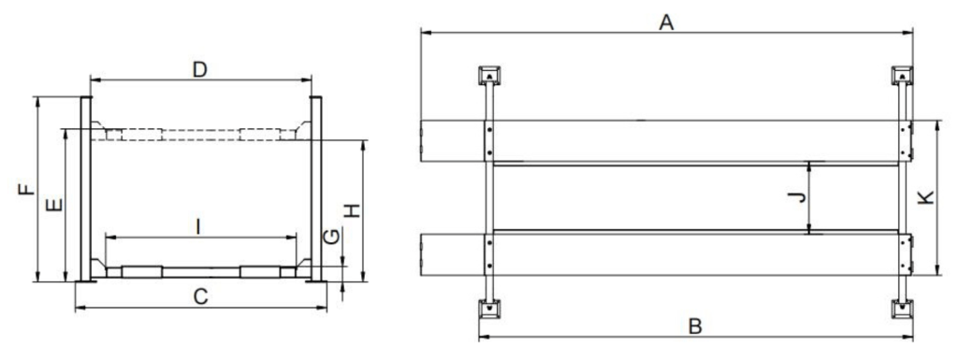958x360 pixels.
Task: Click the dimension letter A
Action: pyautogui.click(x=666, y=22)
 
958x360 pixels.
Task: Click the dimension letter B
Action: pyautogui.click(x=695, y=326)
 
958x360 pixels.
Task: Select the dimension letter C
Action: pyautogui.click(x=200, y=297)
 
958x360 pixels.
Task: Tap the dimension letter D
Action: pyautogui.click(x=200, y=69)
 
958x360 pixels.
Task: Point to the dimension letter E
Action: pyautogui.click(x=54, y=205)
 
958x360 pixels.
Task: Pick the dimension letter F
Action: pyautogui.click(x=26, y=189)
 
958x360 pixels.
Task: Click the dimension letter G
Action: pyautogui.click(x=330, y=237)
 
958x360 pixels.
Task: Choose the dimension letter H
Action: pyautogui.click(x=353, y=210)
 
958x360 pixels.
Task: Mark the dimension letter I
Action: pyautogui.click(x=197, y=227)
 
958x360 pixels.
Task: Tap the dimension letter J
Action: pyautogui.click(x=797, y=197)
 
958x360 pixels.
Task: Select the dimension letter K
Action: pyautogui.click(x=927, y=197)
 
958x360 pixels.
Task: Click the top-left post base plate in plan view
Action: pyautogui.click(x=489, y=76)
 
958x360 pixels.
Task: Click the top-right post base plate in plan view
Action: pyautogui.click(x=902, y=76)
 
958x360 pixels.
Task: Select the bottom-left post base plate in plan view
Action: pyautogui.click(x=489, y=310)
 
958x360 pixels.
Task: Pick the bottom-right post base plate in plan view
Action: pyautogui.click(x=902, y=310)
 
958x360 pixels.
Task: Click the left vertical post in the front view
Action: pyautogui.click(x=85, y=189)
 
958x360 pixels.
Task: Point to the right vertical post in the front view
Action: pyautogui.click(x=316, y=189)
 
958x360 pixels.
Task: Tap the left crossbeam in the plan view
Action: pyautogui.click(x=488, y=193)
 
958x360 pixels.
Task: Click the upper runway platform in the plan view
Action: pyautogui.click(x=666, y=141)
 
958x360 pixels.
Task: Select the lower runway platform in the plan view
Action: pyautogui.click(x=666, y=254)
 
